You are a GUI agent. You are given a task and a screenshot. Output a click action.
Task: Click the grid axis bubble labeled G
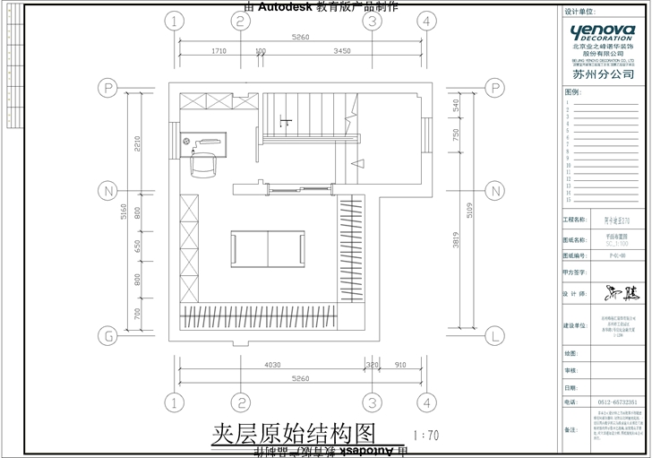click(108, 336)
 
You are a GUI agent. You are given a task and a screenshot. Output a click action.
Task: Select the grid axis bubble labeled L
click(494, 336)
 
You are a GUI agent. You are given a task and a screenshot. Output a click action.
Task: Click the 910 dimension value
click(399, 365)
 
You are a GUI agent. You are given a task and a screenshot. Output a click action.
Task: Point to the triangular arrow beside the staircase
click(356, 163)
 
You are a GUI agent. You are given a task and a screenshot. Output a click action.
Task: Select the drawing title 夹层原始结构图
click(291, 435)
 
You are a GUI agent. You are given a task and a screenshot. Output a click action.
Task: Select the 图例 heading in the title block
click(572, 92)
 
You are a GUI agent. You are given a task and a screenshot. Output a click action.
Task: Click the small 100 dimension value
click(260, 52)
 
